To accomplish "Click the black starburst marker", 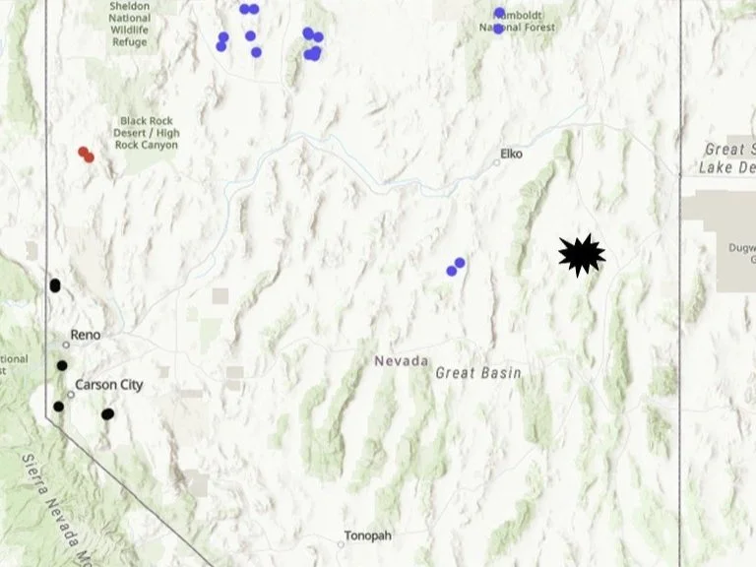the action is click(581, 256).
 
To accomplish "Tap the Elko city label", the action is click(511, 154).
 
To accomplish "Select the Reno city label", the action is click(85, 336).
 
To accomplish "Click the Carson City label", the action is click(110, 385).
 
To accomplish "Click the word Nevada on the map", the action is click(401, 361).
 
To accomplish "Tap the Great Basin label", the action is click(478, 373).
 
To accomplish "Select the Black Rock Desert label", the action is click(148, 133).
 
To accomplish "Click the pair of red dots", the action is click(86, 155).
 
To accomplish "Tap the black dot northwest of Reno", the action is click(55, 285).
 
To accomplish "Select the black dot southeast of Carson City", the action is click(107, 414).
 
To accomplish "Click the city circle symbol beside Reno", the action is click(66, 345).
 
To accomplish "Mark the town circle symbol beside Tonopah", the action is click(341, 543).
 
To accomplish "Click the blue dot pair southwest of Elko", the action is click(456, 266).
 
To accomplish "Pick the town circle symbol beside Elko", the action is click(497, 161).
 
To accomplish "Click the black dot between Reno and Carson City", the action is click(62, 365).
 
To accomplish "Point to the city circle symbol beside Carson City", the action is click(71, 394).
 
